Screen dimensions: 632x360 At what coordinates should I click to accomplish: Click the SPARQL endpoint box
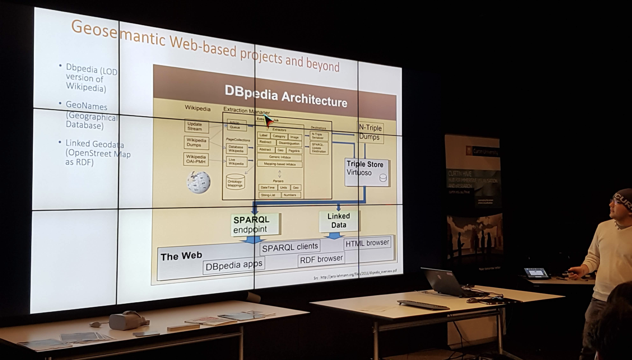pyautogui.click(x=255, y=224)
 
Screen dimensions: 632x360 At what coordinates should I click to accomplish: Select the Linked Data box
pyautogui.click(x=339, y=221)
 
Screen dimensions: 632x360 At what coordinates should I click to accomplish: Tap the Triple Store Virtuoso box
pyautogui.click(x=367, y=172)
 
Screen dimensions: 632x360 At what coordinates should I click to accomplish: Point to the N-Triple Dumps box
pyautogui.click(x=370, y=132)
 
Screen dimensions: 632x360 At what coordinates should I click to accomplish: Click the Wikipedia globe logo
pyautogui.click(x=199, y=182)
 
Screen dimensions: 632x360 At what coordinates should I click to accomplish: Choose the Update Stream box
pyautogui.click(x=196, y=126)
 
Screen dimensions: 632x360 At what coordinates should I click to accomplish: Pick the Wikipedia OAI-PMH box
pyautogui.click(x=196, y=159)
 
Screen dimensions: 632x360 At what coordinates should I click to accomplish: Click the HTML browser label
pyautogui.click(x=367, y=243)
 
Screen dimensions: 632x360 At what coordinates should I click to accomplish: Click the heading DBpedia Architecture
pyautogui.click(x=286, y=96)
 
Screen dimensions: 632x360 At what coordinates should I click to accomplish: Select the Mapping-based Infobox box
pyautogui.click(x=280, y=164)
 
